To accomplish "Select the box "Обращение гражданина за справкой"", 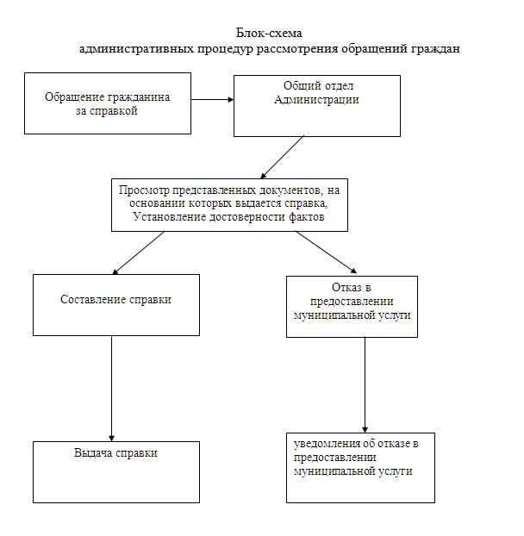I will [x=108, y=103].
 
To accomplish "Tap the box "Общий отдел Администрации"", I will [x=317, y=105].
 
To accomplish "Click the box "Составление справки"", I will [x=116, y=304].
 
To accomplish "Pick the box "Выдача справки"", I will [x=116, y=471].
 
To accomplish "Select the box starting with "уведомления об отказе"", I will [x=360, y=468].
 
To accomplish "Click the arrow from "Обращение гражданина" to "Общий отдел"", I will [x=212, y=99].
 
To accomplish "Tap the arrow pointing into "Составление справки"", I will [x=139, y=252].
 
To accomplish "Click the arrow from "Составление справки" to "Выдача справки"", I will [x=112, y=388].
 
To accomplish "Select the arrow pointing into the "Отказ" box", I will [x=327, y=252].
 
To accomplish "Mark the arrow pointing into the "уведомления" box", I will [x=365, y=384].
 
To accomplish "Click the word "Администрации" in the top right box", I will [x=316, y=100].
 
